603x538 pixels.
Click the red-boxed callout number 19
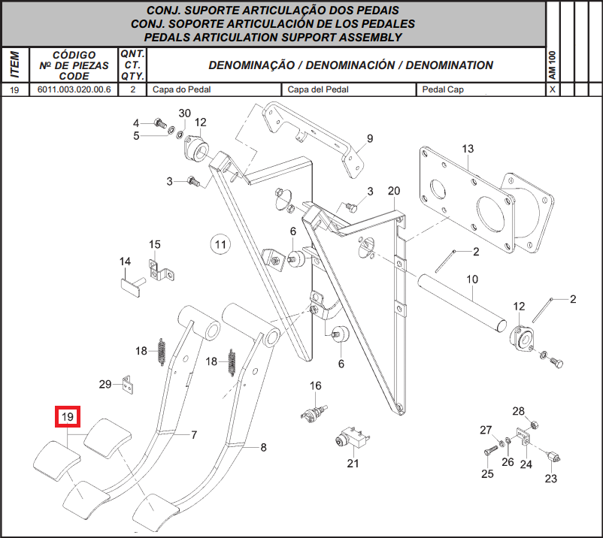click(68, 416)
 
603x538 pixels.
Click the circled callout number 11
click(220, 244)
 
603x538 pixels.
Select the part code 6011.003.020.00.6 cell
click(74, 89)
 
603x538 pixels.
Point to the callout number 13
click(468, 149)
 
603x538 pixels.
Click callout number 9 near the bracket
click(370, 138)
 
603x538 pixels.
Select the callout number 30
click(185, 113)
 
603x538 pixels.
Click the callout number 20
click(394, 191)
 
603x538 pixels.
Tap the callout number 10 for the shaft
click(472, 279)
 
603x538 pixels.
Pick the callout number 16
click(315, 385)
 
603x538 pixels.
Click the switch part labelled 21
click(353, 437)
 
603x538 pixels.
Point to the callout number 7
click(194, 434)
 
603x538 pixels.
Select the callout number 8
click(263, 447)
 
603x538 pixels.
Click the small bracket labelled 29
click(127, 385)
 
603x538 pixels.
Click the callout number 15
click(155, 244)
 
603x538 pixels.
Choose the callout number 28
click(518, 411)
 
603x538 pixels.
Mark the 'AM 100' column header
click(552, 65)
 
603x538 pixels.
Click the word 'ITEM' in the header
click(15, 65)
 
